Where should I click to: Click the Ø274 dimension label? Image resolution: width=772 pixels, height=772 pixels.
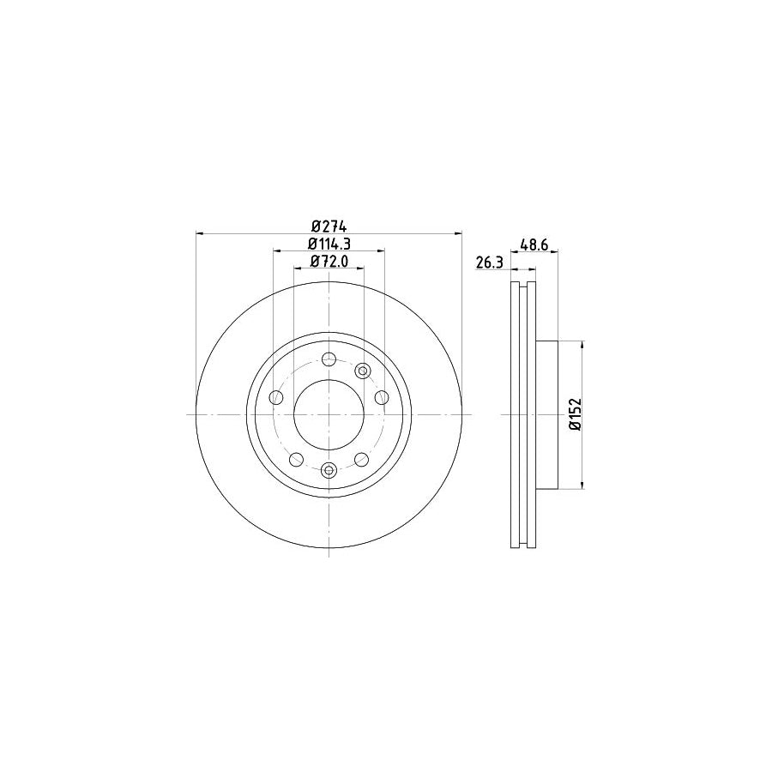click(x=329, y=226)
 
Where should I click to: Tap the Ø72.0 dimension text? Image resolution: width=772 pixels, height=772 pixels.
click(x=329, y=262)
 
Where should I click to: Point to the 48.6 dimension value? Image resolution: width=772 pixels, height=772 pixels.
click(x=534, y=244)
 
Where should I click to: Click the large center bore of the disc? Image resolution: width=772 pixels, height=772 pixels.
click(x=329, y=414)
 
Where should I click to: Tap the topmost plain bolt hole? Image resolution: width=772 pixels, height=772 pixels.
click(x=329, y=360)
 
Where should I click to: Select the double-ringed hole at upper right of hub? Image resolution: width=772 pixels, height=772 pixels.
click(x=362, y=371)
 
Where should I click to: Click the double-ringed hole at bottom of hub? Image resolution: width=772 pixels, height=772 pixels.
click(x=329, y=469)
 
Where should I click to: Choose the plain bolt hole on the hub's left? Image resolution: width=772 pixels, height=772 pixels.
click(x=275, y=397)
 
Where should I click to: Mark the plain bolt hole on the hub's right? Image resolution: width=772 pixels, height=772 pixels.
click(x=383, y=397)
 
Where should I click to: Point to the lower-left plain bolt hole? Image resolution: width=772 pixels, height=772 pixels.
click(x=296, y=459)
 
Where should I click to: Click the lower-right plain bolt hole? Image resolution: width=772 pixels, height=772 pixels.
click(x=362, y=459)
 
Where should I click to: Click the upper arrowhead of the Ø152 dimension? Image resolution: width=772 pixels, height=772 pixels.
click(x=583, y=345)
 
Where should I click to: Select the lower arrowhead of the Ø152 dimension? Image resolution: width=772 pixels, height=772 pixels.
click(x=583, y=485)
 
